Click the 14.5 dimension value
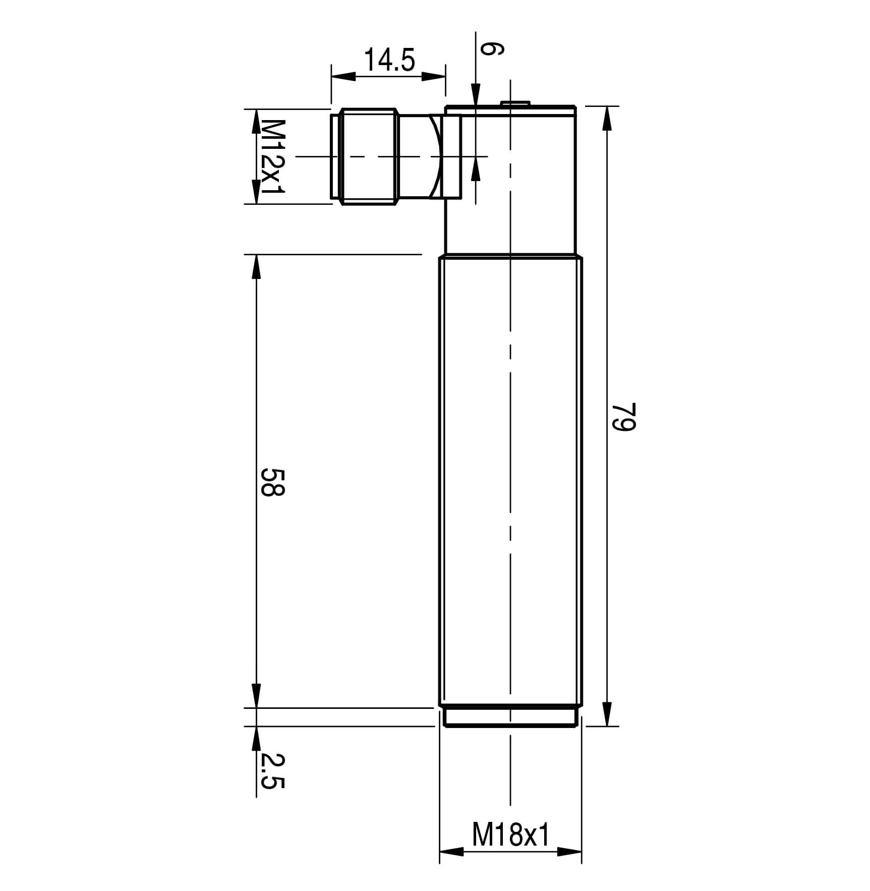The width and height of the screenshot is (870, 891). click(x=389, y=60)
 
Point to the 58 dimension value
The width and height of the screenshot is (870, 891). click(x=273, y=482)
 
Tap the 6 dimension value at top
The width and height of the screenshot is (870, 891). click(x=491, y=48)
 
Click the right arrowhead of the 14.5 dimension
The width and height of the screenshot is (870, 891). click(x=433, y=76)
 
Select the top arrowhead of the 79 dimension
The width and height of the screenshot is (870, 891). click(x=607, y=119)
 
